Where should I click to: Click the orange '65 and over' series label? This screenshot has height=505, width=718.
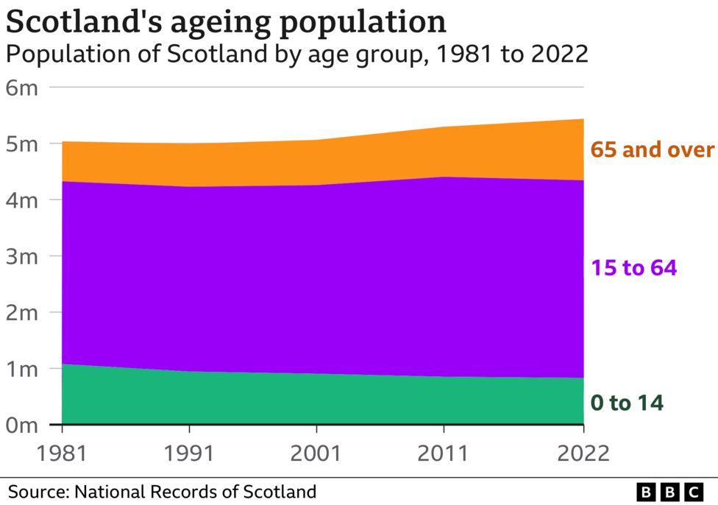[x=652, y=150]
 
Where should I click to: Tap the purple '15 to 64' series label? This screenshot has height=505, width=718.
[x=633, y=268]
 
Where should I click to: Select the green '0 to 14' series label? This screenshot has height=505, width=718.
[x=627, y=403]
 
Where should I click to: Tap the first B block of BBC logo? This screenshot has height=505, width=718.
[x=647, y=491]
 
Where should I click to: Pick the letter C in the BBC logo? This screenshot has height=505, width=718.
[x=692, y=491]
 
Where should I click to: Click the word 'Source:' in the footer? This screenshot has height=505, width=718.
[x=38, y=491]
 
